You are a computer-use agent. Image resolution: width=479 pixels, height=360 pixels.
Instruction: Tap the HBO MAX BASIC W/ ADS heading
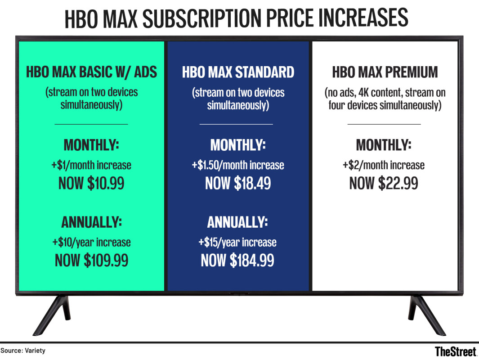[x=91, y=72]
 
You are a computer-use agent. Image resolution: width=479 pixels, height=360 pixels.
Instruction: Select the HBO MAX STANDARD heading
[x=238, y=72]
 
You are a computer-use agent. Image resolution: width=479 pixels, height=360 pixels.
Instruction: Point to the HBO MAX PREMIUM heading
[x=385, y=72]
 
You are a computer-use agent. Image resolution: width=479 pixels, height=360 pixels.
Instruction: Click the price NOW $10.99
[x=91, y=183]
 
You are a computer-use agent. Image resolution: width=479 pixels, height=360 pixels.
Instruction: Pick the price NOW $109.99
[x=91, y=260]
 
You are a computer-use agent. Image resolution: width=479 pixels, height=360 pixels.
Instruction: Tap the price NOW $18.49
[x=238, y=183]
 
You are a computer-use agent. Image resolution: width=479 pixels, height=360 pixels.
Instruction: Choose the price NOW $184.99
[x=237, y=260]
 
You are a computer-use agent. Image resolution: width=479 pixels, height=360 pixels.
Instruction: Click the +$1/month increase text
[x=91, y=165]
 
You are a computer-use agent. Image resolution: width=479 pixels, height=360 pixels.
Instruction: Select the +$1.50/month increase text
[x=238, y=165]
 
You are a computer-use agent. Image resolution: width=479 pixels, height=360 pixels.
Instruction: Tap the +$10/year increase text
[x=91, y=242]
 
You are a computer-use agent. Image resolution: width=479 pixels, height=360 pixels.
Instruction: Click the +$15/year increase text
[x=237, y=242]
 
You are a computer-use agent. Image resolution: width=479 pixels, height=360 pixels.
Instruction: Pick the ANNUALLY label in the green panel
[x=91, y=222]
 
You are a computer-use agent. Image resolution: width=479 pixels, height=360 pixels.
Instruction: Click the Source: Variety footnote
[x=23, y=351]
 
